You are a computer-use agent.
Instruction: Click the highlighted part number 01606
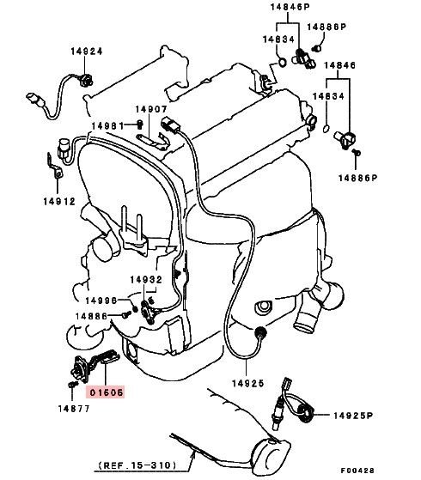(106, 392)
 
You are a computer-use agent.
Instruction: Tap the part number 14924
(87, 52)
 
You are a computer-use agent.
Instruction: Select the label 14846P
(290, 7)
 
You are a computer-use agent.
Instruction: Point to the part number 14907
(151, 109)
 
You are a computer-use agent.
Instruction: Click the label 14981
(107, 126)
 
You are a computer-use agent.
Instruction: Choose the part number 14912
(59, 202)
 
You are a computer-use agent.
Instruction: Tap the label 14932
(146, 279)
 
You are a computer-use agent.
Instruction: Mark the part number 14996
(101, 301)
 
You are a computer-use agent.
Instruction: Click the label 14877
(74, 409)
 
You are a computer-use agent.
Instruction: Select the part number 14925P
(353, 416)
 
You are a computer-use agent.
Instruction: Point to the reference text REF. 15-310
(137, 465)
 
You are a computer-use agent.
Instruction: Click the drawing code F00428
(357, 471)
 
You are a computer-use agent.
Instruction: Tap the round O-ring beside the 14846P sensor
(282, 63)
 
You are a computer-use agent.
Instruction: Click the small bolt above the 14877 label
(72, 384)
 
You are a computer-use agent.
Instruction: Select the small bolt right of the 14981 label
(140, 124)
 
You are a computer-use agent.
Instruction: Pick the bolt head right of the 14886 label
(126, 314)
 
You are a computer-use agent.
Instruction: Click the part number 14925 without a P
(247, 383)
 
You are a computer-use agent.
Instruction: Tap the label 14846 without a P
(339, 65)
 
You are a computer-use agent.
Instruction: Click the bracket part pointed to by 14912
(54, 167)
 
